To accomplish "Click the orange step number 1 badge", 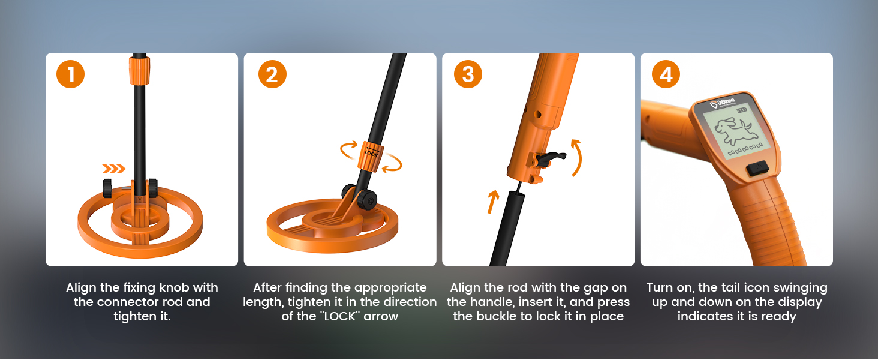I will (71, 74).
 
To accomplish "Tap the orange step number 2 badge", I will (272, 74).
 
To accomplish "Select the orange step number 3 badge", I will (468, 74).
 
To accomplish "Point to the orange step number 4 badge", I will (666, 74).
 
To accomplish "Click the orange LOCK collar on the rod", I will (369, 155).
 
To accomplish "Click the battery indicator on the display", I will (742, 110).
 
